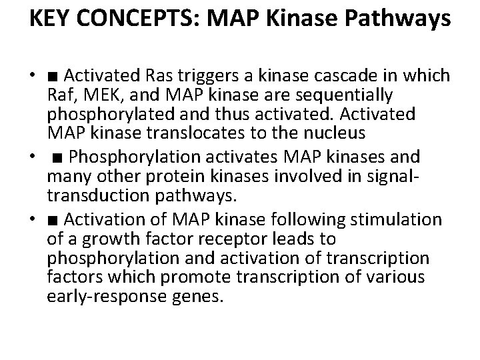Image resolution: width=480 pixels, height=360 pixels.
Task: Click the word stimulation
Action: pos(400,220)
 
